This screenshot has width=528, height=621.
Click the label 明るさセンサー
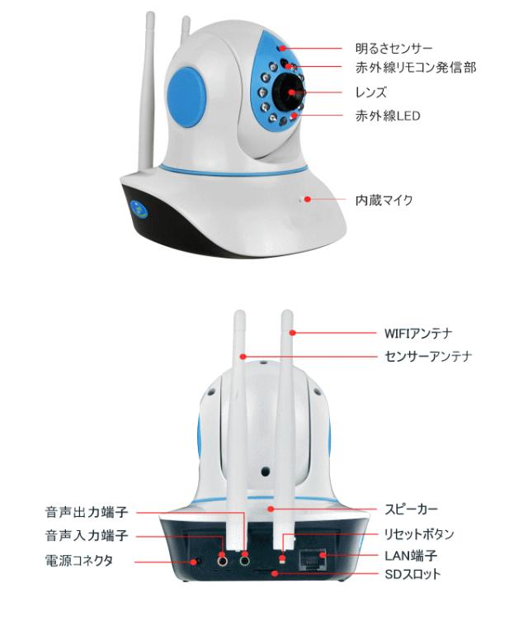[394, 49]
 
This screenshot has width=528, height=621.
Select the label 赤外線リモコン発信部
[415, 67]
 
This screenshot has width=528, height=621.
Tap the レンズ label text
[373, 92]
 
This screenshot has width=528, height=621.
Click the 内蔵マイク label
[384, 199]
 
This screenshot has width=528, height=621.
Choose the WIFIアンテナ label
[417, 333]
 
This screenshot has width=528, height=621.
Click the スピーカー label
[410, 509]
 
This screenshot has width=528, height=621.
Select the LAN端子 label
[410, 554]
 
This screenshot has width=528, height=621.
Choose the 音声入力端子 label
[86, 536]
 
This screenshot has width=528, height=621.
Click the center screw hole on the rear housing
[266, 472]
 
